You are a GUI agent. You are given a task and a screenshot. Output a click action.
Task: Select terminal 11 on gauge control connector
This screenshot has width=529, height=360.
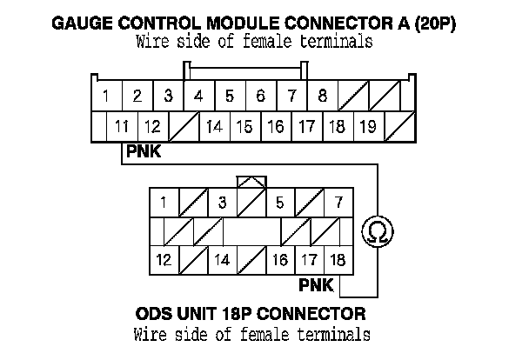[x=122, y=127]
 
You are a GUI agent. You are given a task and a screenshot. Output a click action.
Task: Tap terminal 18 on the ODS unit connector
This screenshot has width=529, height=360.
[x=338, y=259]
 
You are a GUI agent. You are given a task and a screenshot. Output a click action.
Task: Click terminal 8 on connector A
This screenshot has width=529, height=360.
[x=322, y=95]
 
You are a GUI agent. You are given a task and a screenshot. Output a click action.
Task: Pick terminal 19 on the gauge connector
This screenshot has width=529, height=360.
[x=367, y=127]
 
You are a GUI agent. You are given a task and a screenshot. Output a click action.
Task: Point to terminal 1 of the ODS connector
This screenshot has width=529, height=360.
[x=164, y=203]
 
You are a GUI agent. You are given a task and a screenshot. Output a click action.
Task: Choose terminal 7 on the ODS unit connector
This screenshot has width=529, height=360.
[x=338, y=203]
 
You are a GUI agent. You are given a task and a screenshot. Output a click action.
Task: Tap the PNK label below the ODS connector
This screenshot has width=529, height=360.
[x=316, y=284]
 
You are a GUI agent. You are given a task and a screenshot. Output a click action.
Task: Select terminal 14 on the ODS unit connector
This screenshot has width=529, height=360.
[x=222, y=259]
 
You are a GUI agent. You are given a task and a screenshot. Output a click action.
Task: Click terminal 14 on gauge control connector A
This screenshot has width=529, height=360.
[x=214, y=127]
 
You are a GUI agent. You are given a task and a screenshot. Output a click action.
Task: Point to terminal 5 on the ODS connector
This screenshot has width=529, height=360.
[x=279, y=203]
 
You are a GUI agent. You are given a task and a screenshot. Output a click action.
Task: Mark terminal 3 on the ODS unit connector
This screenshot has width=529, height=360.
[x=222, y=203]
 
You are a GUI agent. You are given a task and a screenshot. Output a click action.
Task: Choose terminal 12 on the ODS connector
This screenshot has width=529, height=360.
[x=164, y=259]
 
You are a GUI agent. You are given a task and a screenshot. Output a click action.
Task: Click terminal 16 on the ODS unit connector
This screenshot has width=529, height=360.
[x=279, y=259]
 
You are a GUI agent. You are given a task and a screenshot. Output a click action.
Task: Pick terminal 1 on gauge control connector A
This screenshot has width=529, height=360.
[x=106, y=95]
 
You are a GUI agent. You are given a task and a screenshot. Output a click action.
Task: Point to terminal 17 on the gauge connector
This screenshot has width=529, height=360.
[x=306, y=127]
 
